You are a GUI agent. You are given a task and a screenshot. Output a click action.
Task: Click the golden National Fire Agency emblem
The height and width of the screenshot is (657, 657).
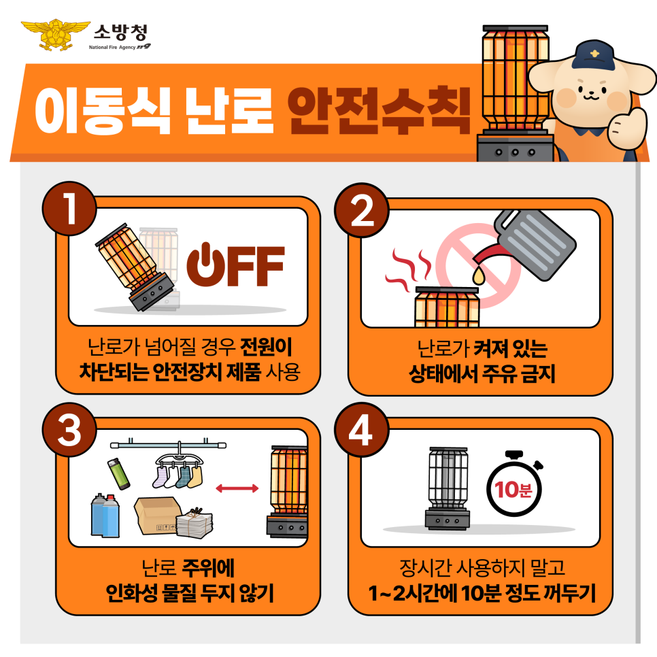pyautogui.click(x=56, y=35)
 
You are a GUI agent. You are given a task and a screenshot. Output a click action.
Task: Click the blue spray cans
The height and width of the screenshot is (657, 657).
pyautogui.click(x=105, y=515)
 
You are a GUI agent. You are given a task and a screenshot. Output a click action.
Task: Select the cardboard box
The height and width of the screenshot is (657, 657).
pyautogui.click(x=158, y=516)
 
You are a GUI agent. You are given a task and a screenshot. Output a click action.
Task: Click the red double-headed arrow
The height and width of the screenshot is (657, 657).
pyautogui.click(x=237, y=488)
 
